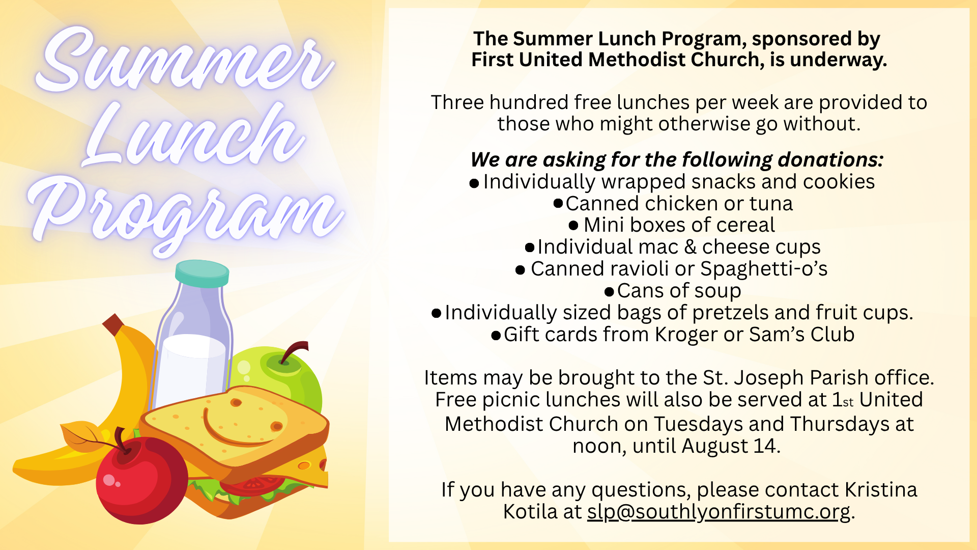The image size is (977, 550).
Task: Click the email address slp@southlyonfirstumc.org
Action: (719, 512)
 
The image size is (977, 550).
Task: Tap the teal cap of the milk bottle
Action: (202, 273)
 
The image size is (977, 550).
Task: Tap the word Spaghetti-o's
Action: (764, 269)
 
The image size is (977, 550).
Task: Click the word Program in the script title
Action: (186, 214)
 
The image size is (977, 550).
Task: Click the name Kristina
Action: (881, 490)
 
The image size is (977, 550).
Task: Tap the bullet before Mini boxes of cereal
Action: (573, 225)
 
